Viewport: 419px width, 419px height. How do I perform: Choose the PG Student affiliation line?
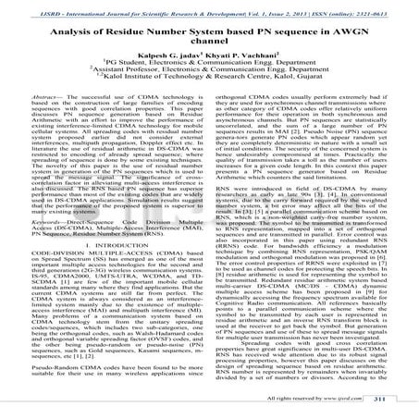209,68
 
